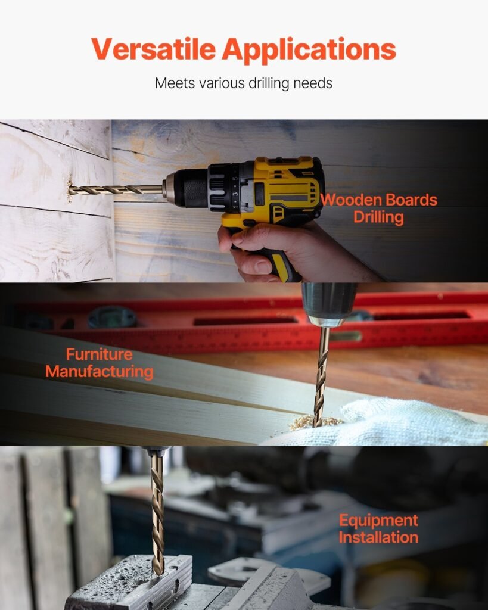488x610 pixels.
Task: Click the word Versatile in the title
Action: coord(153,49)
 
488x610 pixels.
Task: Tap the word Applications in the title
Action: coord(309,50)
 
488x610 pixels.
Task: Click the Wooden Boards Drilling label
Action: coord(378,208)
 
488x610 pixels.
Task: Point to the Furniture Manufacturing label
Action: coord(100,363)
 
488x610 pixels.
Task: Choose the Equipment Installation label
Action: coord(378,529)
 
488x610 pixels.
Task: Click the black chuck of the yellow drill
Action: coord(191,188)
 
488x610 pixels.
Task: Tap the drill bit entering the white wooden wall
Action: coord(116,190)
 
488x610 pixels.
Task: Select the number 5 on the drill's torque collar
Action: coord(235,179)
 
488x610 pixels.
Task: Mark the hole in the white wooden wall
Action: coord(70,190)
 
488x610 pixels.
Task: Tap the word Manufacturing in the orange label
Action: coord(100,372)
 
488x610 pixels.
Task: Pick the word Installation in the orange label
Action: coord(378,537)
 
